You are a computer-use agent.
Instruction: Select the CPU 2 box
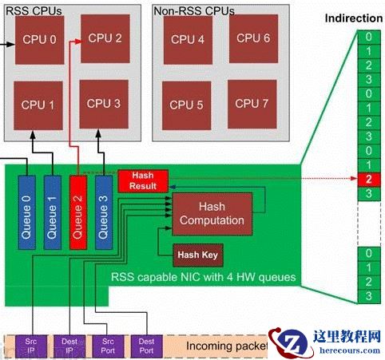coord(105,38)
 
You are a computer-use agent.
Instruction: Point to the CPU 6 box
coord(253,38)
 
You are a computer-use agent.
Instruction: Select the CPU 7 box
coord(253,104)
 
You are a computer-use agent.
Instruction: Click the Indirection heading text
coord(354,17)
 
